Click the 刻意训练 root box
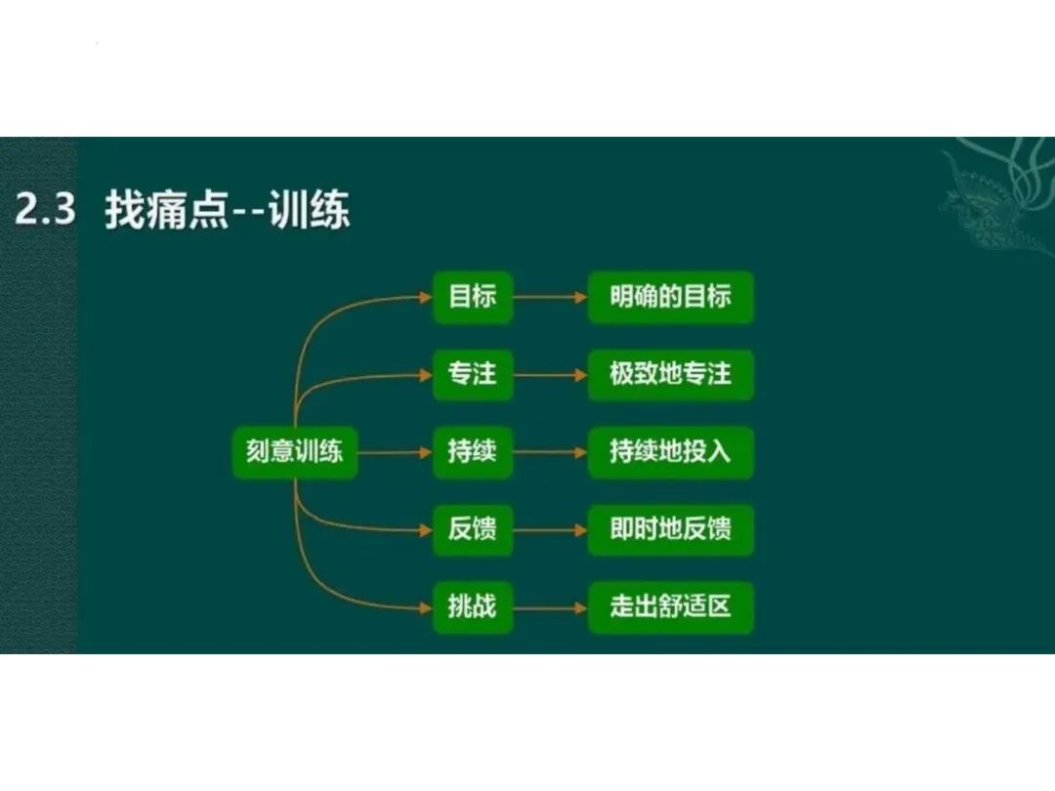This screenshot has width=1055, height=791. [295, 452]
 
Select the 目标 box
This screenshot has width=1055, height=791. [473, 297]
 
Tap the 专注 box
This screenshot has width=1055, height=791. [473, 374]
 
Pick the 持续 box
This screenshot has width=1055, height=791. [473, 452]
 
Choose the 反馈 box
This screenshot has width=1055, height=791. [473, 529]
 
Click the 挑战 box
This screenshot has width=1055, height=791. [473, 607]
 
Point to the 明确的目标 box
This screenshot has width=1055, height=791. [670, 297]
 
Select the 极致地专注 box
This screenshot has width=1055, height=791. [670, 374]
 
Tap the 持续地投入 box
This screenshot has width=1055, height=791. [670, 452]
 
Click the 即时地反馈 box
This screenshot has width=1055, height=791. [670, 529]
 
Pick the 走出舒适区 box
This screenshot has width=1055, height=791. [670, 607]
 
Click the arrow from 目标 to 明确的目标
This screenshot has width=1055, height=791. [550, 297]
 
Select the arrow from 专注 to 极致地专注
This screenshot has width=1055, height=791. [550, 374]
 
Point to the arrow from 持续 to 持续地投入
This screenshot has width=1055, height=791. [550, 452]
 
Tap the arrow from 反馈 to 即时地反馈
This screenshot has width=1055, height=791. [550, 530]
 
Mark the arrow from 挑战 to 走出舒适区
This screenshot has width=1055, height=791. [550, 607]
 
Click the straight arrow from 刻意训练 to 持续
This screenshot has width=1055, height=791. [395, 452]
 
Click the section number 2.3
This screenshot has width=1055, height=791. [46, 211]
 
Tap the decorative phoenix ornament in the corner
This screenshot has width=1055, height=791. [996, 190]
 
